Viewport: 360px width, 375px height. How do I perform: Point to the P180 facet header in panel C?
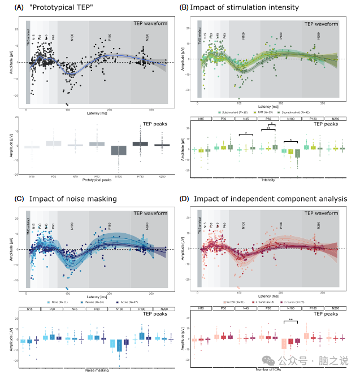pos(143,309)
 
